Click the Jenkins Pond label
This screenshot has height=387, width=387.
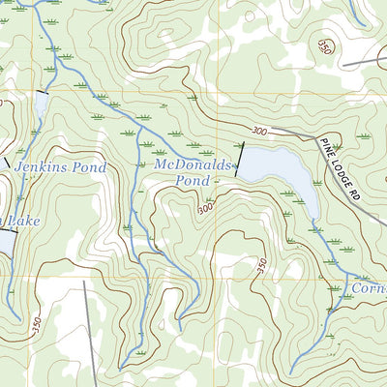coord(61,167)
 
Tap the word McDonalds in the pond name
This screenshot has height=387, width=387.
coord(193,165)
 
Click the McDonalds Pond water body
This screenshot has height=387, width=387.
coord(281,169)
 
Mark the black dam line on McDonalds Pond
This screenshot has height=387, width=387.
coord(239,161)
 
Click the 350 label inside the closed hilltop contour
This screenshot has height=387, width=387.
coord(325,47)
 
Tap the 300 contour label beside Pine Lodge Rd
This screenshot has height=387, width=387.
coord(257,129)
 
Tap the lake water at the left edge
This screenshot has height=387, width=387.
coord(5,242)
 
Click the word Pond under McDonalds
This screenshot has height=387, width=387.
coord(193,180)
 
